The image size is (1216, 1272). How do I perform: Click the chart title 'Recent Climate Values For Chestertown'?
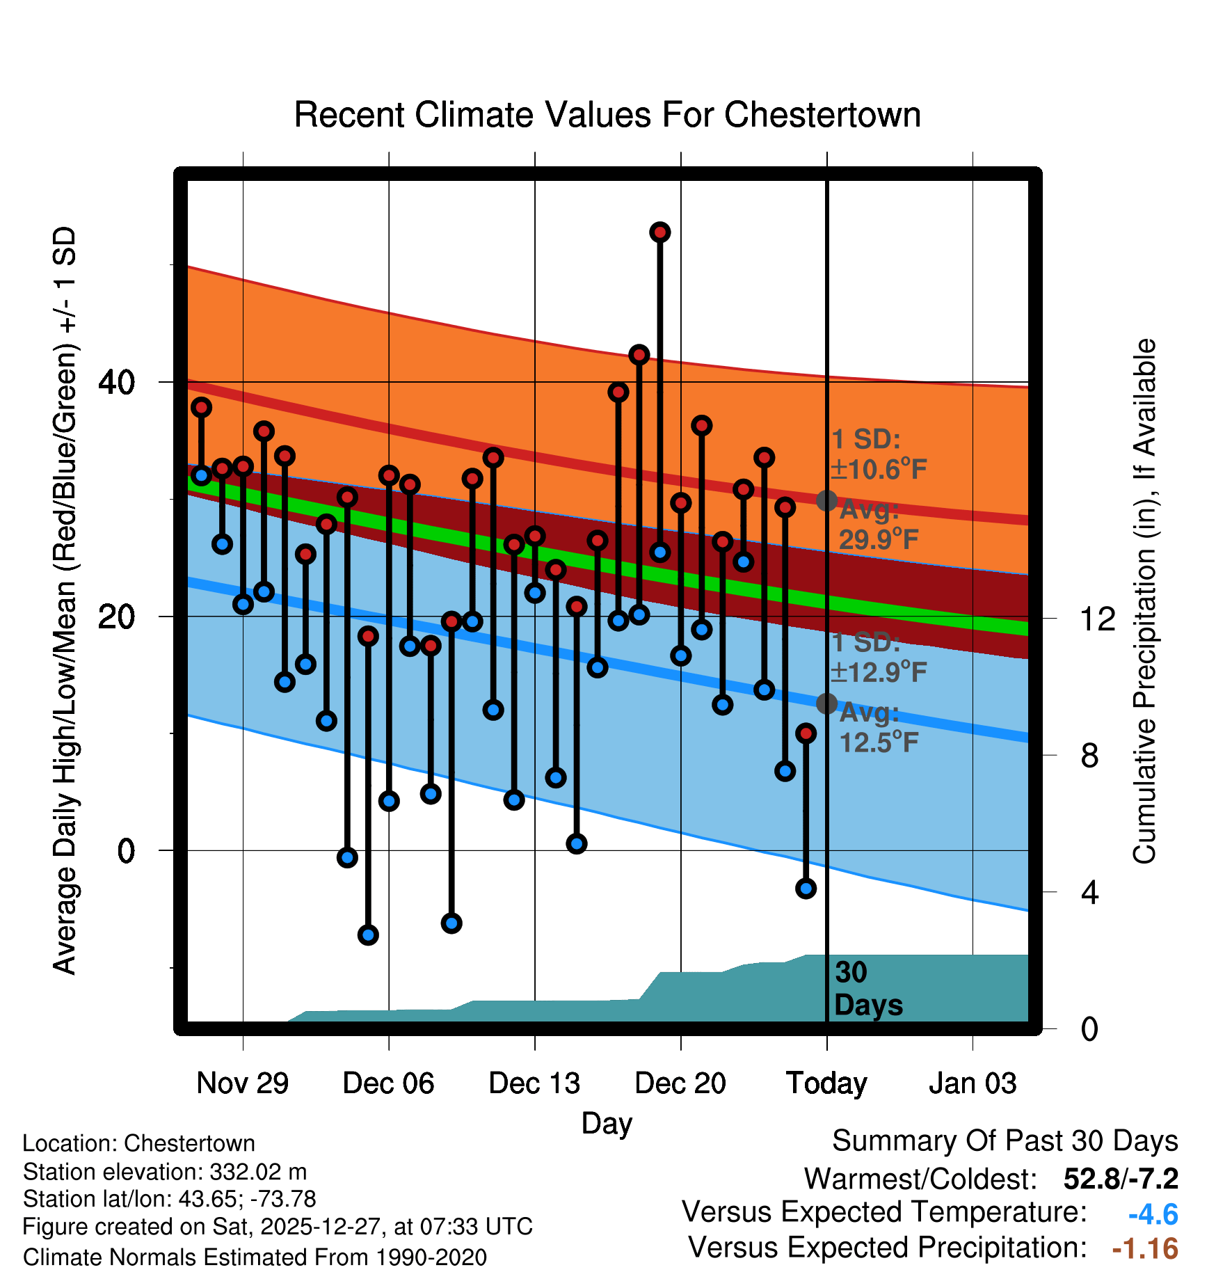[x=607, y=115]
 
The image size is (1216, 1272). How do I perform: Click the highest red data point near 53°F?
[x=659, y=232]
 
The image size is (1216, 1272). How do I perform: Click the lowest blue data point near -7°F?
[x=368, y=935]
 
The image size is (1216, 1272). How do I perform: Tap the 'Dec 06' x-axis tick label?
[x=388, y=1083]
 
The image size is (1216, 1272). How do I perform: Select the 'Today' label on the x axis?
[x=826, y=1083]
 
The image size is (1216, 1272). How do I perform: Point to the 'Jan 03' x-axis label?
[x=973, y=1083]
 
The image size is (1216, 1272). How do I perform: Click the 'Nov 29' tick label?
[x=242, y=1083]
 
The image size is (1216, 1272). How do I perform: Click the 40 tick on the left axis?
[x=116, y=382]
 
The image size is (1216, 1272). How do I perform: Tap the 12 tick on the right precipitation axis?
[x=1097, y=619]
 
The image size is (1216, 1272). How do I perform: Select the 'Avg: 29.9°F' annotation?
[x=878, y=525]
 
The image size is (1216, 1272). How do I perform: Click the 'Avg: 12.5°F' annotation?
[x=878, y=729]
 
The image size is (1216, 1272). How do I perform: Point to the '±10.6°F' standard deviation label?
[x=879, y=470]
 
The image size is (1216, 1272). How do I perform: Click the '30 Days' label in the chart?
[x=867, y=989]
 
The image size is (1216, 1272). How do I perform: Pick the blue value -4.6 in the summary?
[x=1153, y=1214]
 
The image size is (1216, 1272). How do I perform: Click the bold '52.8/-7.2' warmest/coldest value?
[x=1121, y=1179]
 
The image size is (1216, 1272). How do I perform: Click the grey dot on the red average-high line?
[x=826, y=500]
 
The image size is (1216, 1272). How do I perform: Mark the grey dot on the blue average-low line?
[x=826, y=703]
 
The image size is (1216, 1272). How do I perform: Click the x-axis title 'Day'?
[x=607, y=1124]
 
